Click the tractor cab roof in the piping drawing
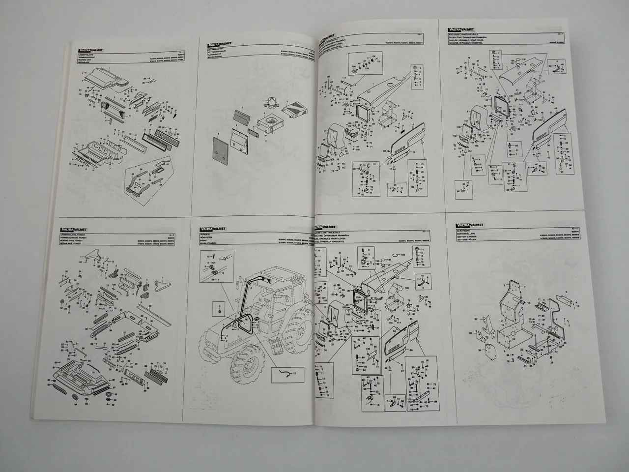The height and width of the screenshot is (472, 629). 275,271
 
